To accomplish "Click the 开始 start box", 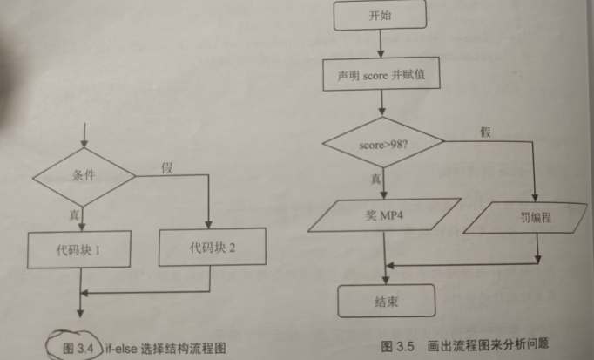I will (381, 16).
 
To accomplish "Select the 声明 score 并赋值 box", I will (381, 76).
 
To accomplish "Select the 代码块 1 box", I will (80, 249).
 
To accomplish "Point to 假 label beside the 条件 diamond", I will (166, 167).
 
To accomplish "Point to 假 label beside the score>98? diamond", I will (485, 132).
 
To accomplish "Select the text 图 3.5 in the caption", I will (397, 346).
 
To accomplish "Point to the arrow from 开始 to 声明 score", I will (381, 44).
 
